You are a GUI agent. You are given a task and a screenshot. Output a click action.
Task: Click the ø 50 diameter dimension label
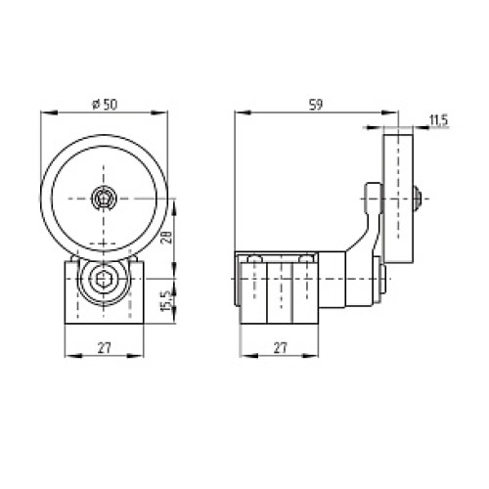click(x=105, y=105)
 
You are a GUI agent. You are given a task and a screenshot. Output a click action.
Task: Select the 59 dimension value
click(x=316, y=105)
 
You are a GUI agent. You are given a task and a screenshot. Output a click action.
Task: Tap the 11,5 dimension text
click(x=439, y=120)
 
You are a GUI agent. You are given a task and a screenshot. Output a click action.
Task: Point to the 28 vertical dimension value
click(x=166, y=238)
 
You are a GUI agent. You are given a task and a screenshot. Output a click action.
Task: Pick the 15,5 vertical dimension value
click(x=166, y=301)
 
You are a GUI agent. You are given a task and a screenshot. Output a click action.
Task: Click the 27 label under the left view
click(x=105, y=348)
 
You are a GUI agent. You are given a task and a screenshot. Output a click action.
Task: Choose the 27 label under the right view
click(x=280, y=348)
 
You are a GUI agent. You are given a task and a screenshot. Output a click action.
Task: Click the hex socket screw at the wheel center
click(x=104, y=199)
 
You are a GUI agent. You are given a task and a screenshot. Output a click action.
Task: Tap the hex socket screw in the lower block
click(x=104, y=279)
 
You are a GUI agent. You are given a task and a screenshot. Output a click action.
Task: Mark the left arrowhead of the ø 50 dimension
click(x=49, y=112)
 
